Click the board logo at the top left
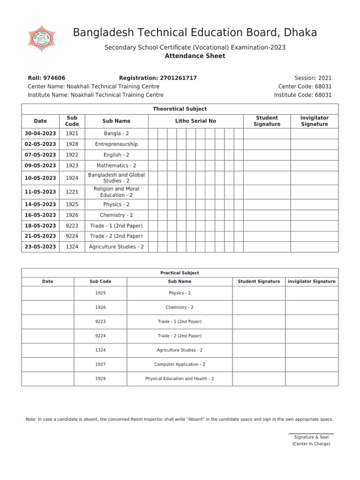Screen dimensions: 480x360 pos(42,38)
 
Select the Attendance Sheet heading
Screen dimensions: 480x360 pos(195,56)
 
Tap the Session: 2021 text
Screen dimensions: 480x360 pos(313,78)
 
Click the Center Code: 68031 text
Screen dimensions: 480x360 pos(305,86)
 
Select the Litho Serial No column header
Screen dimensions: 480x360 pos(195,121)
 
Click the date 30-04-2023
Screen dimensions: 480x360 pos(40,134)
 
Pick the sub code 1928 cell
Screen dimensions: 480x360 pos(72,144)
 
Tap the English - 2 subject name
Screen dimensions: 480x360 pos(116,155)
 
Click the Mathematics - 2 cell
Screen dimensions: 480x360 pos(116,165)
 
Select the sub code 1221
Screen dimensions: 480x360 pos(72,192)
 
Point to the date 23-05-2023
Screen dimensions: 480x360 pos(40,247)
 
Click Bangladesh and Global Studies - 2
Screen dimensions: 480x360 pos(116,178)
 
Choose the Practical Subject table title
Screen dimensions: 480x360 pos(180,273)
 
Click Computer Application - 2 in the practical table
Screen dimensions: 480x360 pos(180,364)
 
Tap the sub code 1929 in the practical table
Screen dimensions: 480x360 pos(100,378)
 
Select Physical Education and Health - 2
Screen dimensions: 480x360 pos(180,378)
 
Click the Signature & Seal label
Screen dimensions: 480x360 pos(311,437)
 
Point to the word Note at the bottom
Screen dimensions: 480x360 pos(30,420)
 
